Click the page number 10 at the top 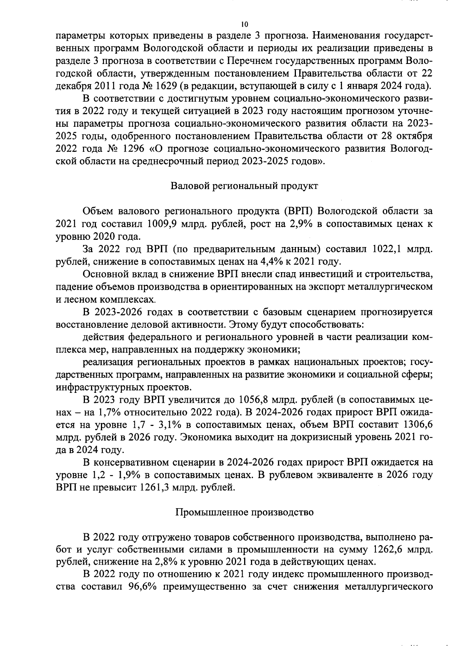click(244, 24)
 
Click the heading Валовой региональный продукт click(244, 186)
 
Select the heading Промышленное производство click(244, 512)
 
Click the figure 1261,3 click(157, 487)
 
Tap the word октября click(411, 136)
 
